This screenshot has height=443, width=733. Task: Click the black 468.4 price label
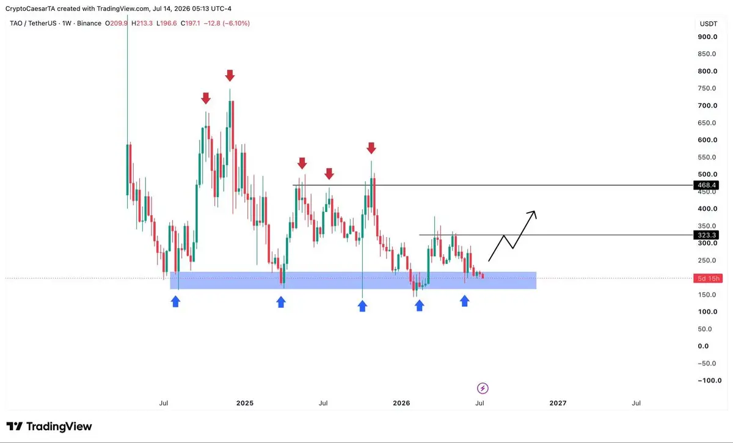pos(706,185)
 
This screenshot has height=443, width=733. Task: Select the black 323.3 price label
pos(706,235)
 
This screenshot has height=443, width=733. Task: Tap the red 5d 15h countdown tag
pos(708,278)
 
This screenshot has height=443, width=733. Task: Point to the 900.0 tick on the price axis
pos(707,37)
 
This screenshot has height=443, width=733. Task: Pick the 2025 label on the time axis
pos(245,403)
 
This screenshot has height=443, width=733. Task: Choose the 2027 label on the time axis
pos(558,403)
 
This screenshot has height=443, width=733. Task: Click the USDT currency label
pos(709,24)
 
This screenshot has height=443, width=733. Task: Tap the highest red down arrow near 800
pos(230,75)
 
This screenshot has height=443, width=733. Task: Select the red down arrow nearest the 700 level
pos(205,98)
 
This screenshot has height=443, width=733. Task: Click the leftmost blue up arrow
pos(175,301)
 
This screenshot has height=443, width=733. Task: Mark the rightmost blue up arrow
pos(464,301)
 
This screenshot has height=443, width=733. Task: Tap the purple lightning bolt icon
pos(483,389)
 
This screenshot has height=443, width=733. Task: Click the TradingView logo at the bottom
pos(49,427)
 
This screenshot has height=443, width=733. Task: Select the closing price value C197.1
pos(190,23)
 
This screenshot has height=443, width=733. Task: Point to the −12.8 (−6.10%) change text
pos(227,23)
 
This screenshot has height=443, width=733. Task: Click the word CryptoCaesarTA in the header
pos(30,9)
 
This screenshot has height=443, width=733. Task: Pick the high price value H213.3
pos(142,23)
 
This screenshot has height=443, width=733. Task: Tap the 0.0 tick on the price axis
pos(703,346)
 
